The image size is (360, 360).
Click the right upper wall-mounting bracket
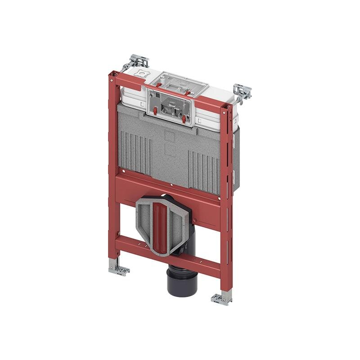pos(242,92)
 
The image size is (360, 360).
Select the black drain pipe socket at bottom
pos(182,281)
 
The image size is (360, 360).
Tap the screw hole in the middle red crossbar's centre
pos(172,184)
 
